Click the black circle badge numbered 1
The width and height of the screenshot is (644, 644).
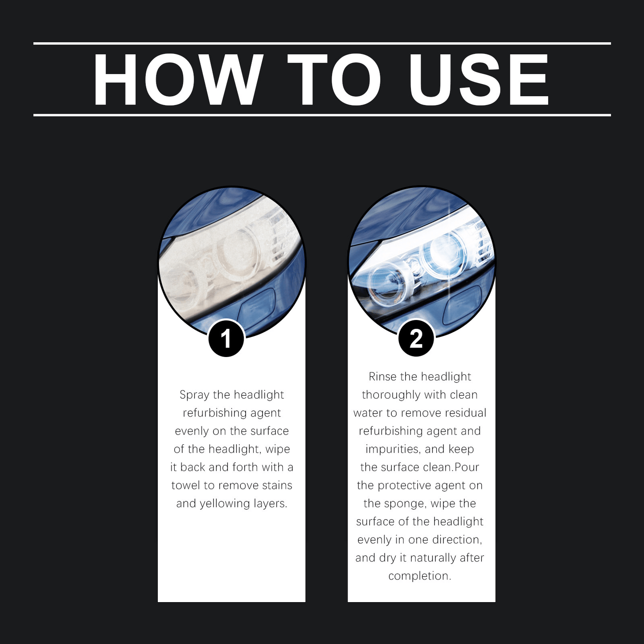point(226,339)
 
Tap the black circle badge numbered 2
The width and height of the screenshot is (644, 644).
point(416,339)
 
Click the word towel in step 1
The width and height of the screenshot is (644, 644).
point(186,485)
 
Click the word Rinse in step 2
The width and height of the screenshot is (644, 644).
point(382,377)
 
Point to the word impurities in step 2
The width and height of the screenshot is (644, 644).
point(393,450)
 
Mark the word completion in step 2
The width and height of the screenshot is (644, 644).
point(419,576)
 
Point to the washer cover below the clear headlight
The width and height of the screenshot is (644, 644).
point(462,305)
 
